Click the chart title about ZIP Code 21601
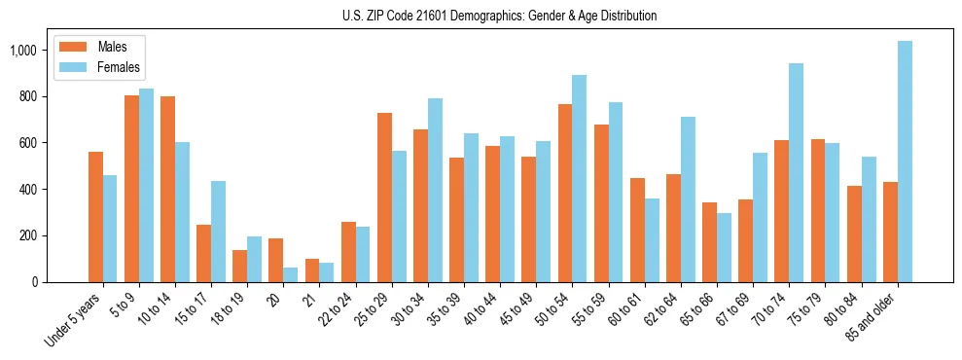[x=499, y=16]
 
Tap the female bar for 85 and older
[x=905, y=162]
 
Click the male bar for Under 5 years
[x=95, y=217]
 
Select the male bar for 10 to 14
[x=167, y=189]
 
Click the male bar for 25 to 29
[x=384, y=198]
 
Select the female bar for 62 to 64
[x=688, y=199]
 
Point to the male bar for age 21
[x=312, y=270]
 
